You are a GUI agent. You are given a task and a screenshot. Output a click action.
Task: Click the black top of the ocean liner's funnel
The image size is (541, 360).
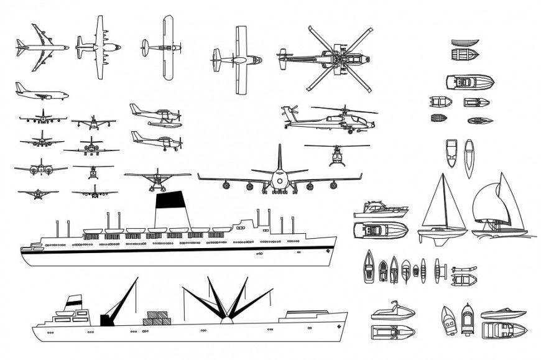tap(171, 200)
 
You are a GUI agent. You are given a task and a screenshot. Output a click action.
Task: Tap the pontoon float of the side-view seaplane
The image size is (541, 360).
tap(165, 124)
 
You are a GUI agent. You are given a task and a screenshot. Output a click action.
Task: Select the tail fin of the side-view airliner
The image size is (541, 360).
tap(21, 87)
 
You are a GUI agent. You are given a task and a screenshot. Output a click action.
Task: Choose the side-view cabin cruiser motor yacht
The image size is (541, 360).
tap(380, 210)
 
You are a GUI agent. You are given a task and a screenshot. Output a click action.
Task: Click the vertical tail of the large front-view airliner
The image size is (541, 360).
tap(279, 159)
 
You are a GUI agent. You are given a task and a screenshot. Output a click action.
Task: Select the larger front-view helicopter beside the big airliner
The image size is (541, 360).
tap(336, 155)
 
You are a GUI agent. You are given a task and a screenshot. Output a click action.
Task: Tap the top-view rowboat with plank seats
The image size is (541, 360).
tap(465, 55)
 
